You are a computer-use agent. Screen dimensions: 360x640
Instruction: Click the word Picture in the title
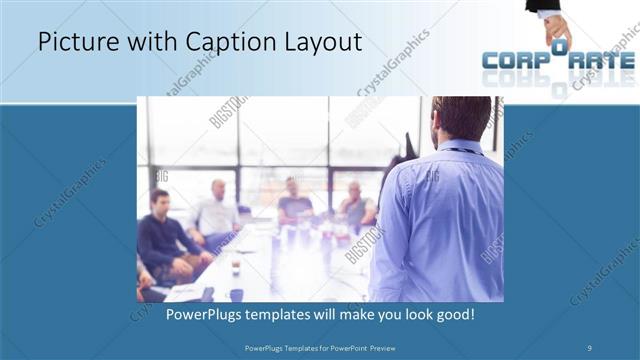[x=72, y=43]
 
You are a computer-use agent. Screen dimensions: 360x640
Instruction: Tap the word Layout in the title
[x=318, y=43]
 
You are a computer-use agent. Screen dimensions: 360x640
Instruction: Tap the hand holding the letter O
[x=556, y=24]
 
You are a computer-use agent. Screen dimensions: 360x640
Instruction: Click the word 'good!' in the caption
[x=454, y=314]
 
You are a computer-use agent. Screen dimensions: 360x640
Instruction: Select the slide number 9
[x=589, y=348]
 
